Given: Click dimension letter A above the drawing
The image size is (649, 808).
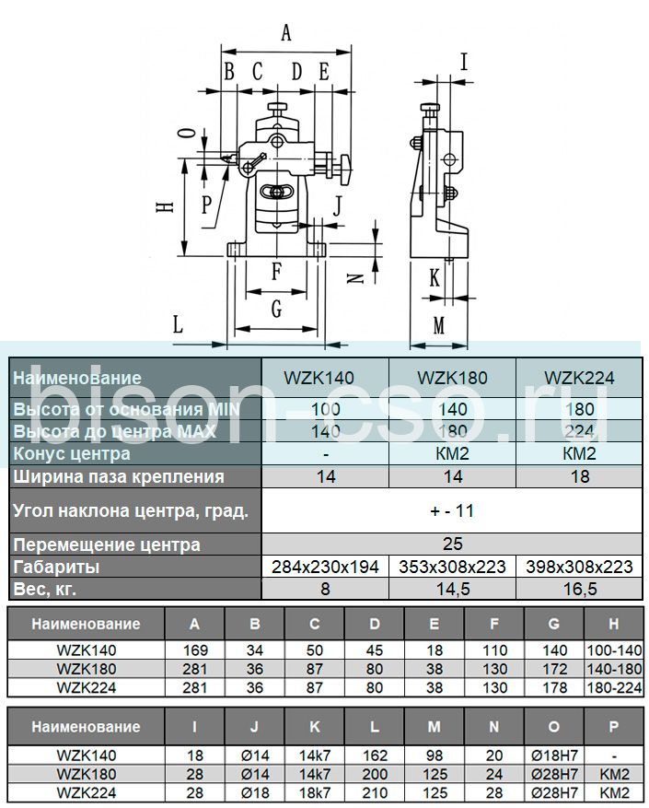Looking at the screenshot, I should click(286, 34).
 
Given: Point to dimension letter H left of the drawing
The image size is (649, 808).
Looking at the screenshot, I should click(165, 208).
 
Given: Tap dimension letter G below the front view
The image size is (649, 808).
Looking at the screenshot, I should click(276, 310).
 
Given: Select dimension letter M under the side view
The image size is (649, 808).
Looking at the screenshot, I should click(439, 325).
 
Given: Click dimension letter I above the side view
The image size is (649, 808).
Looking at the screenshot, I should click(463, 63).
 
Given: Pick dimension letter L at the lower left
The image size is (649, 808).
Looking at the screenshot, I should click(179, 323).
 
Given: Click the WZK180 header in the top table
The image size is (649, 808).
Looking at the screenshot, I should click(452, 378).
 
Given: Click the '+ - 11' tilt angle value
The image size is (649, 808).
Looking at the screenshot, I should click(452, 510).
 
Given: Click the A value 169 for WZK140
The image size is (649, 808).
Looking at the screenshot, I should click(194, 650).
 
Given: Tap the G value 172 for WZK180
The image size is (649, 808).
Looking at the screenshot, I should click(553, 668).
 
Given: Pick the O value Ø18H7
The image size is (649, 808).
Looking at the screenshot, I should click(553, 754).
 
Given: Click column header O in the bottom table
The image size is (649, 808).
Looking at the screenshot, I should click(553, 727).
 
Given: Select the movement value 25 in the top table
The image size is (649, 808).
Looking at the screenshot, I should click(452, 544).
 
